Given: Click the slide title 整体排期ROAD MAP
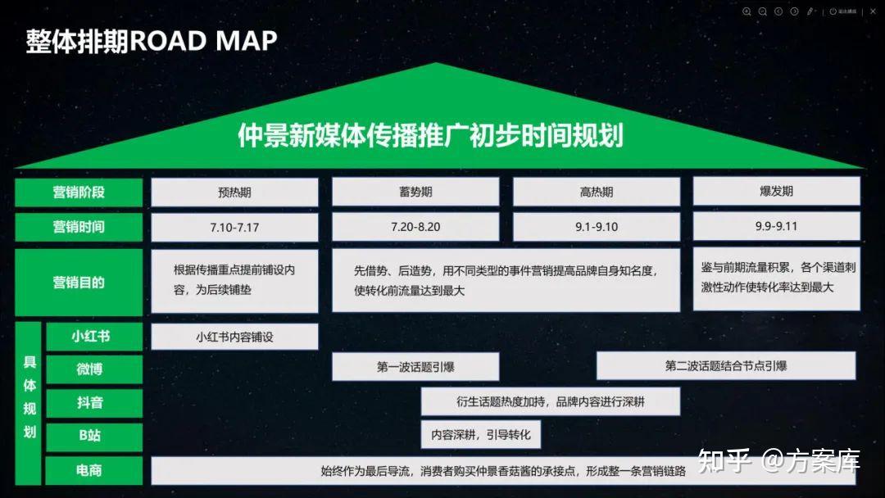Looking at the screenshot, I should [x=151, y=41].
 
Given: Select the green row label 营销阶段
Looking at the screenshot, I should [x=79, y=192].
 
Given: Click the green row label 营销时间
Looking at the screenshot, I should [x=79, y=227].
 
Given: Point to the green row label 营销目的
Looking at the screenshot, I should [x=79, y=283].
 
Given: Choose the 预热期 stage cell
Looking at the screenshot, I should [x=234, y=192].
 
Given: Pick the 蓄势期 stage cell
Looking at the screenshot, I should [x=415, y=192].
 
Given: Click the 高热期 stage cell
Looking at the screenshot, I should [x=596, y=192].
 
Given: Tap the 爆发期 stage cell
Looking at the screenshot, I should [x=776, y=192].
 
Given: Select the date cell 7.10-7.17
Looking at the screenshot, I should [x=234, y=227].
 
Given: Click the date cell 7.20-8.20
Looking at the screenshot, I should [x=415, y=227].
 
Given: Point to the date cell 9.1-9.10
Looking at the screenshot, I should [x=596, y=227].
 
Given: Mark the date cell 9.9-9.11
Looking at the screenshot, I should [x=776, y=226].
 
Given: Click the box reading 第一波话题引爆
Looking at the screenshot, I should [x=415, y=367].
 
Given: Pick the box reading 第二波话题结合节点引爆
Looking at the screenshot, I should [x=725, y=366].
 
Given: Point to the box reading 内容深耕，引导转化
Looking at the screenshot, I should [x=481, y=434].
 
